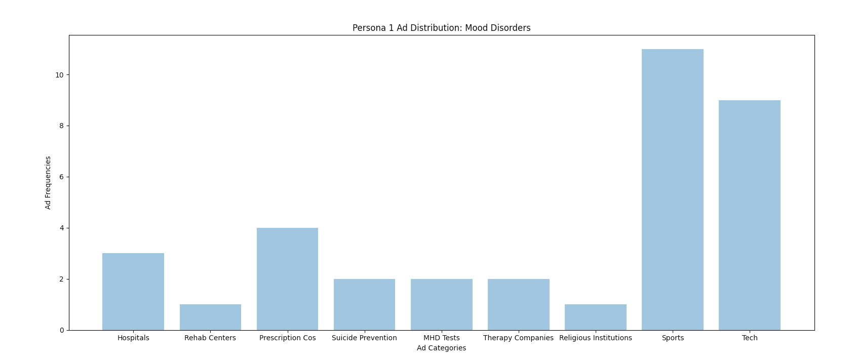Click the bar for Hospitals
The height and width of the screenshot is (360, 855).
click(133, 292)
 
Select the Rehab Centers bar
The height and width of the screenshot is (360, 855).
click(210, 317)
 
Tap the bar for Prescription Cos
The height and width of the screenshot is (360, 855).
click(287, 279)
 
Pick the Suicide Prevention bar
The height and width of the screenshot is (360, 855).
click(364, 304)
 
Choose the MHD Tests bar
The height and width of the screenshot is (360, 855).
click(442, 304)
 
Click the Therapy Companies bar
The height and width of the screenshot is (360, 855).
click(519, 304)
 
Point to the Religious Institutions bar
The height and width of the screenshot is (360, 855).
click(596, 317)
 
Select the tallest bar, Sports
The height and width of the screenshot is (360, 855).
click(673, 189)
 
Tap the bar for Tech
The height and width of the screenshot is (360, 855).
click(750, 215)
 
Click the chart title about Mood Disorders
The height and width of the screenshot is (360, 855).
click(442, 28)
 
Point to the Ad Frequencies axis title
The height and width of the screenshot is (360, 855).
click(48, 182)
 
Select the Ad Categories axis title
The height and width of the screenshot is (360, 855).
click(442, 348)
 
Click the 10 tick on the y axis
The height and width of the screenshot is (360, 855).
click(60, 75)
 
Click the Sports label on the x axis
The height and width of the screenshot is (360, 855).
click(673, 338)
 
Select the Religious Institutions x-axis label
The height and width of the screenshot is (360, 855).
click(596, 338)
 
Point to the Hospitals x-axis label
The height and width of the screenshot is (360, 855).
click(133, 338)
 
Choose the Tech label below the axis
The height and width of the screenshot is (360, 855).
click(750, 338)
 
